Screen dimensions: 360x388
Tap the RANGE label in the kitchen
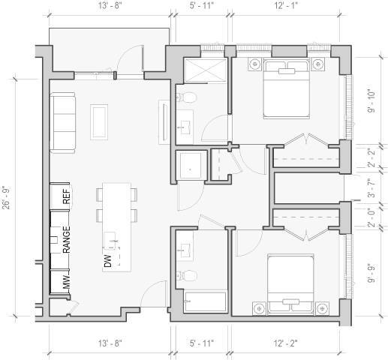[66, 239]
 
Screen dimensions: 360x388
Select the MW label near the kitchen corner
[66, 282]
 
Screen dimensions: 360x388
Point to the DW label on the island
[108, 260]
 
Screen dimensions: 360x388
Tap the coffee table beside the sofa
[99, 120]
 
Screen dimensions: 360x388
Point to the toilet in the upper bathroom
[188, 97]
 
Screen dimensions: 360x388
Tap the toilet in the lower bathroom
[188, 274]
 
